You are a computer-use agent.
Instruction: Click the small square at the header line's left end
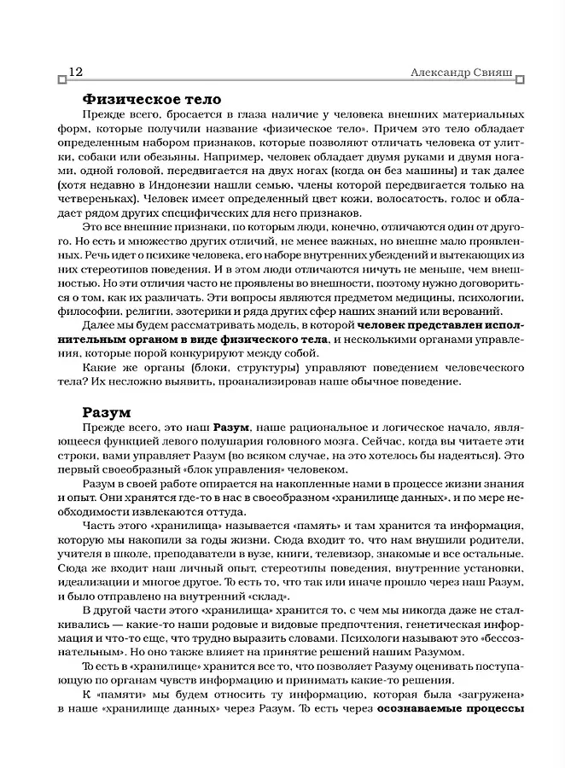click(x=62, y=81)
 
